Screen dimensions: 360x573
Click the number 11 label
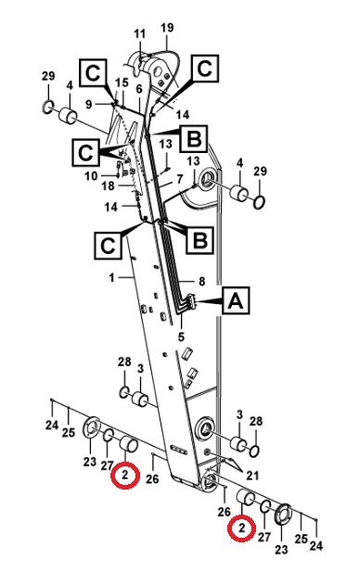click(139, 34)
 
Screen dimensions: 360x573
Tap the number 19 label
click(167, 28)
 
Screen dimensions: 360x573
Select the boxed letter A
click(236, 300)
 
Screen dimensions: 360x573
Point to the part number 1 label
click(111, 278)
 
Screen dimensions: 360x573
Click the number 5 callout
click(182, 337)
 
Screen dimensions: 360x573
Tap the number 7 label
click(179, 180)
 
